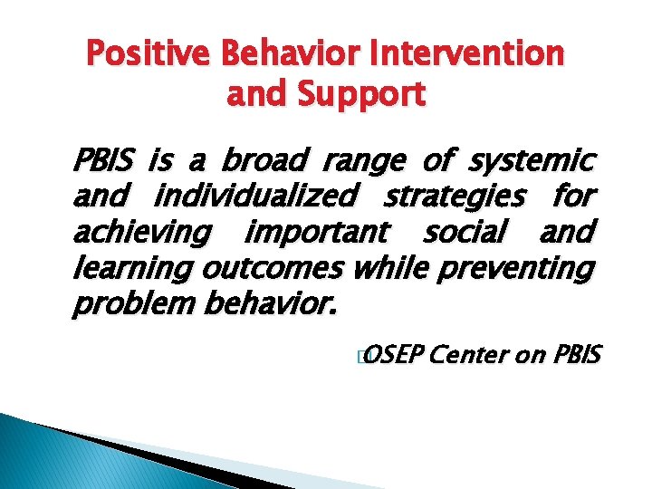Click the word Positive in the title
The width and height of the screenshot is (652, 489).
140,54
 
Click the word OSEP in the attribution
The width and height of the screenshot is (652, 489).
396,356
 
